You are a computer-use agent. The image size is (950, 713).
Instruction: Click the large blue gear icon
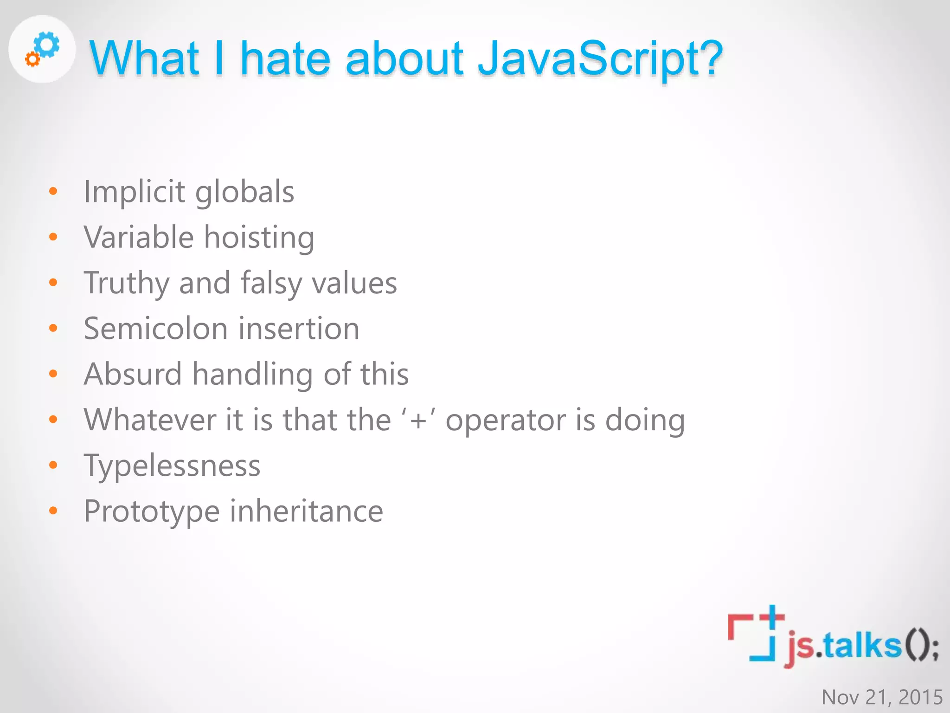48,45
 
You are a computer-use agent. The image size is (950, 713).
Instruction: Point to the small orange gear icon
32,59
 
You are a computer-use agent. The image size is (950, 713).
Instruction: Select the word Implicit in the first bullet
135,192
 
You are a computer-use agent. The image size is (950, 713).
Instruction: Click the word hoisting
259,238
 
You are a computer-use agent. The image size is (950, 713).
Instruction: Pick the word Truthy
126,283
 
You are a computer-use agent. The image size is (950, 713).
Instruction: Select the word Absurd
133,374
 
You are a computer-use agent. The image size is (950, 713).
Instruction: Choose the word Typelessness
172,466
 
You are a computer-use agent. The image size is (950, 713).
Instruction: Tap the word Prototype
152,512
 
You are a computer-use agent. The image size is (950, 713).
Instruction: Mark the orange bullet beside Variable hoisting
53,237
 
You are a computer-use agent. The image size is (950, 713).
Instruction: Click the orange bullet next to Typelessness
53,465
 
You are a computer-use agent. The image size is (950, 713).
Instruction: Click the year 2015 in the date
920,697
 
